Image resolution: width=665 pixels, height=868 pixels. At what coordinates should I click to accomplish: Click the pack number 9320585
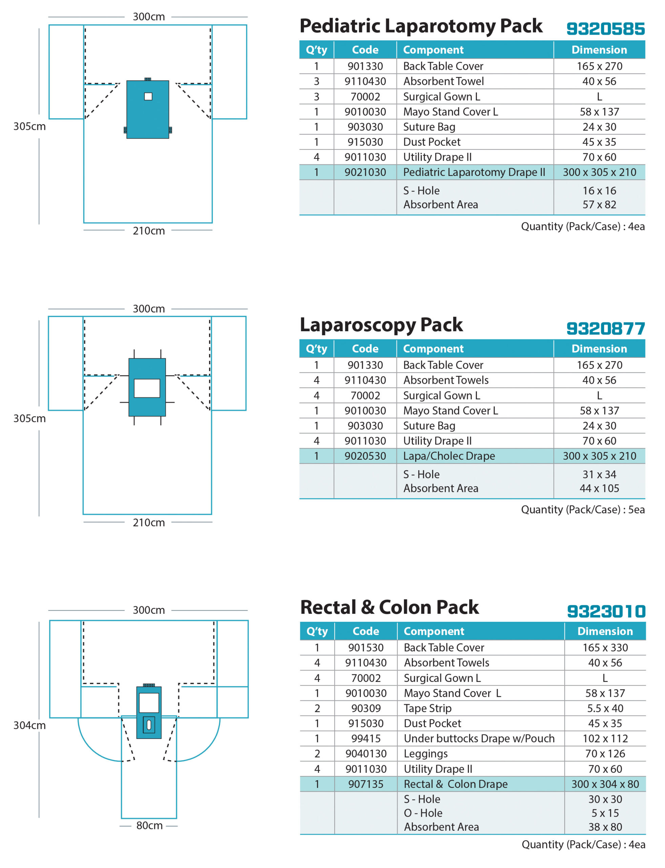[605, 29]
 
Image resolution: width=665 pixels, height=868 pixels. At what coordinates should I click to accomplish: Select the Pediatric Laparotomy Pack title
[421, 26]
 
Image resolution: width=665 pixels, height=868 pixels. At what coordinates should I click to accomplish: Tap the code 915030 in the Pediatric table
[365, 142]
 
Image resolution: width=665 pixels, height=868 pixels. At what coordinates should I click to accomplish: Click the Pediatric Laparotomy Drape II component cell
[474, 172]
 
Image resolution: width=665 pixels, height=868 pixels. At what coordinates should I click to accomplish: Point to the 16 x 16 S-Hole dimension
[599, 191]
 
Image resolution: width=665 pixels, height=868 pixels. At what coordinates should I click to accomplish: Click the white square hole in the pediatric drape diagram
[148, 96]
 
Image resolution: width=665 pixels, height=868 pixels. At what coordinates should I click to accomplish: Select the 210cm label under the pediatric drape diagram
[148, 231]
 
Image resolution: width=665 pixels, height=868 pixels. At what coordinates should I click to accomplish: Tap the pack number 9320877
[605, 329]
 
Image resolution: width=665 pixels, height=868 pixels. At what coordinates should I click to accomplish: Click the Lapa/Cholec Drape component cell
[449, 456]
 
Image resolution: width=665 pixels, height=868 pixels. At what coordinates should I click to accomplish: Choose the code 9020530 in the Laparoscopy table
[365, 456]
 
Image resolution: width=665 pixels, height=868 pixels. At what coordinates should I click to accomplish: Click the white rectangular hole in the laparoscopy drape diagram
[147, 388]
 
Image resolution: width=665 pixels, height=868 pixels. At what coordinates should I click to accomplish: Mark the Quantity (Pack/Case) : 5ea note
[582, 510]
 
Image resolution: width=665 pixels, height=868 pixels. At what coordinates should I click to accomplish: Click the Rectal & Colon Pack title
[390, 607]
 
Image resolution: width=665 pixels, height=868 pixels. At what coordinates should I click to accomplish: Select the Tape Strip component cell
[428, 708]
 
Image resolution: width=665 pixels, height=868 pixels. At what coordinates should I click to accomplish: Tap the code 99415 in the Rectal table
[366, 738]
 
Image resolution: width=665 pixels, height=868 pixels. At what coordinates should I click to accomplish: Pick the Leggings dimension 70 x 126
[605, 753]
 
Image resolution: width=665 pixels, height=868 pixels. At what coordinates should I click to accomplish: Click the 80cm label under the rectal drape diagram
[149, 826]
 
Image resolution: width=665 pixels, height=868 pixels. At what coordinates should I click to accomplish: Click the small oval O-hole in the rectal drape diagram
[149, 725]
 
